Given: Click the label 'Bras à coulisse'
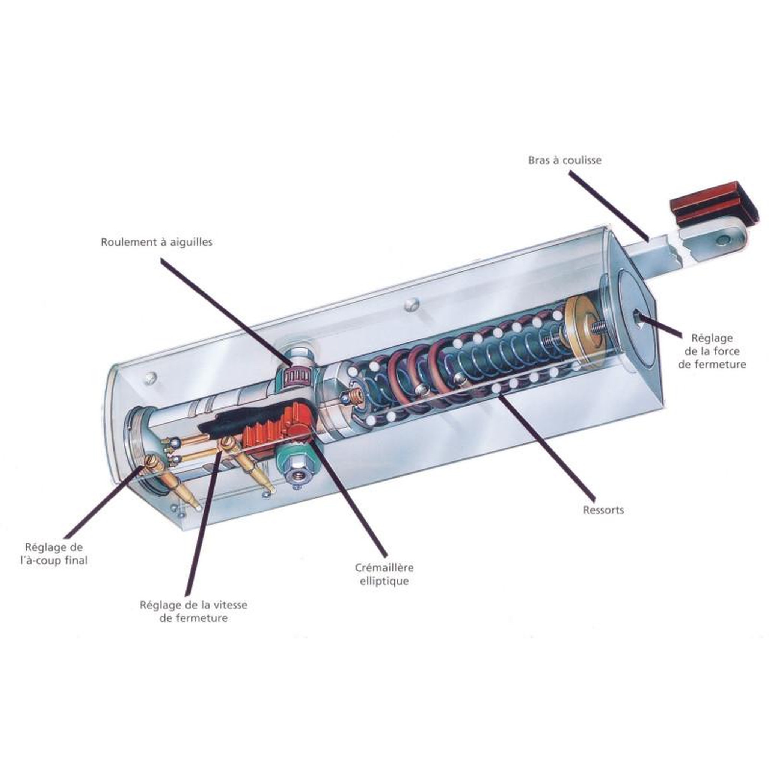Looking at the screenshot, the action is [x=564, y=160].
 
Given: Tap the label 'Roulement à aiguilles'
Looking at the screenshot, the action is [x=157, y=242].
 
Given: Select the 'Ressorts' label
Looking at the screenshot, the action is [x=603, y=510].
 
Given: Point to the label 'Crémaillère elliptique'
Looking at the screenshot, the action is [x=384, y=574].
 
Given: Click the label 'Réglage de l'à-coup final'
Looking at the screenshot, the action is [x=54, y=554].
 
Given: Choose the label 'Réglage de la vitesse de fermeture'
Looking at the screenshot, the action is [x=193, y=611].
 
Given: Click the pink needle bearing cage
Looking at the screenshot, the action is [x=296, y=376].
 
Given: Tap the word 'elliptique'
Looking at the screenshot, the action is [x=384, y=581].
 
